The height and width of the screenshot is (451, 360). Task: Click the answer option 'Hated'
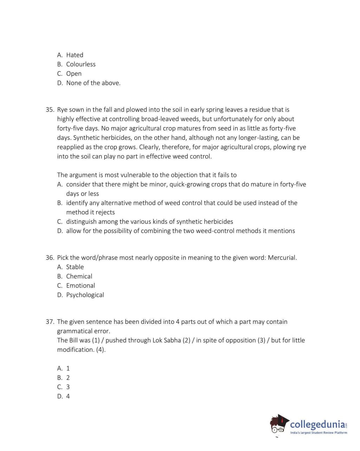pos(74,55)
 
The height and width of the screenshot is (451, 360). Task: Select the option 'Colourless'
pos(81,64)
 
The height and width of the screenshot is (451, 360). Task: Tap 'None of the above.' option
pos(93,83)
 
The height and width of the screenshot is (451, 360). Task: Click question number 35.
pos(50,110)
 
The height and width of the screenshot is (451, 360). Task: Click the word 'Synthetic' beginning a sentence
pos(86,138)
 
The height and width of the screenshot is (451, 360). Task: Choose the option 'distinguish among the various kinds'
pos(149,222)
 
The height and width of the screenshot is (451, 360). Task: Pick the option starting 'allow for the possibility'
pos(180,231)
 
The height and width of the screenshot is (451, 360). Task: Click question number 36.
pos(50,257)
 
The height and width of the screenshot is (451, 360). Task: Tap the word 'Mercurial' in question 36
pos(282,257)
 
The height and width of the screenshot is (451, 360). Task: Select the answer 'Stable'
pos(75,267)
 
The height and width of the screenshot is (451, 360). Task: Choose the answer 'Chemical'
pos(79,276)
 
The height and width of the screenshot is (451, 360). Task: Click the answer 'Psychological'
pos(85,295)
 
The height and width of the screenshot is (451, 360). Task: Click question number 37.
pos(50,322)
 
